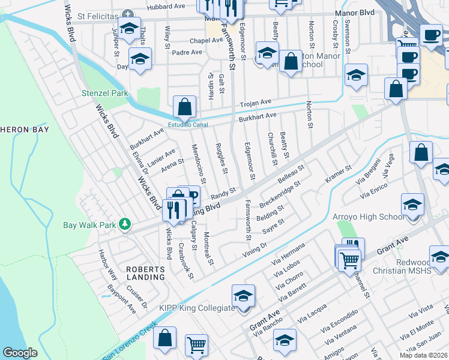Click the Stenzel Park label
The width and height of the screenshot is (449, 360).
pyautogui.click(x=105, y=94)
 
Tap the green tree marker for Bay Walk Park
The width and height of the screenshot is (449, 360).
pyautogui.click(x=125, y=224)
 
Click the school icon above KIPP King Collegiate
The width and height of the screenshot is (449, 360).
pyautogui.click(x=243, y=295)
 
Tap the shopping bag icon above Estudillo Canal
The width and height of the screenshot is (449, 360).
pyautogui.click(x=185, y=107)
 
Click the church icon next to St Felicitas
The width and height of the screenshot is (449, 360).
pyautogui.click(x=127, y=14)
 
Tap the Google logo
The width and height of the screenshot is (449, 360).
pyautogui.click(x=20, y=353)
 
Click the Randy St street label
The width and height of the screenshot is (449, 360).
pyautogui.click(x=223, y=193)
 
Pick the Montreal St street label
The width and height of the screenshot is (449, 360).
pyautogui.click(x=208, y=248)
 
